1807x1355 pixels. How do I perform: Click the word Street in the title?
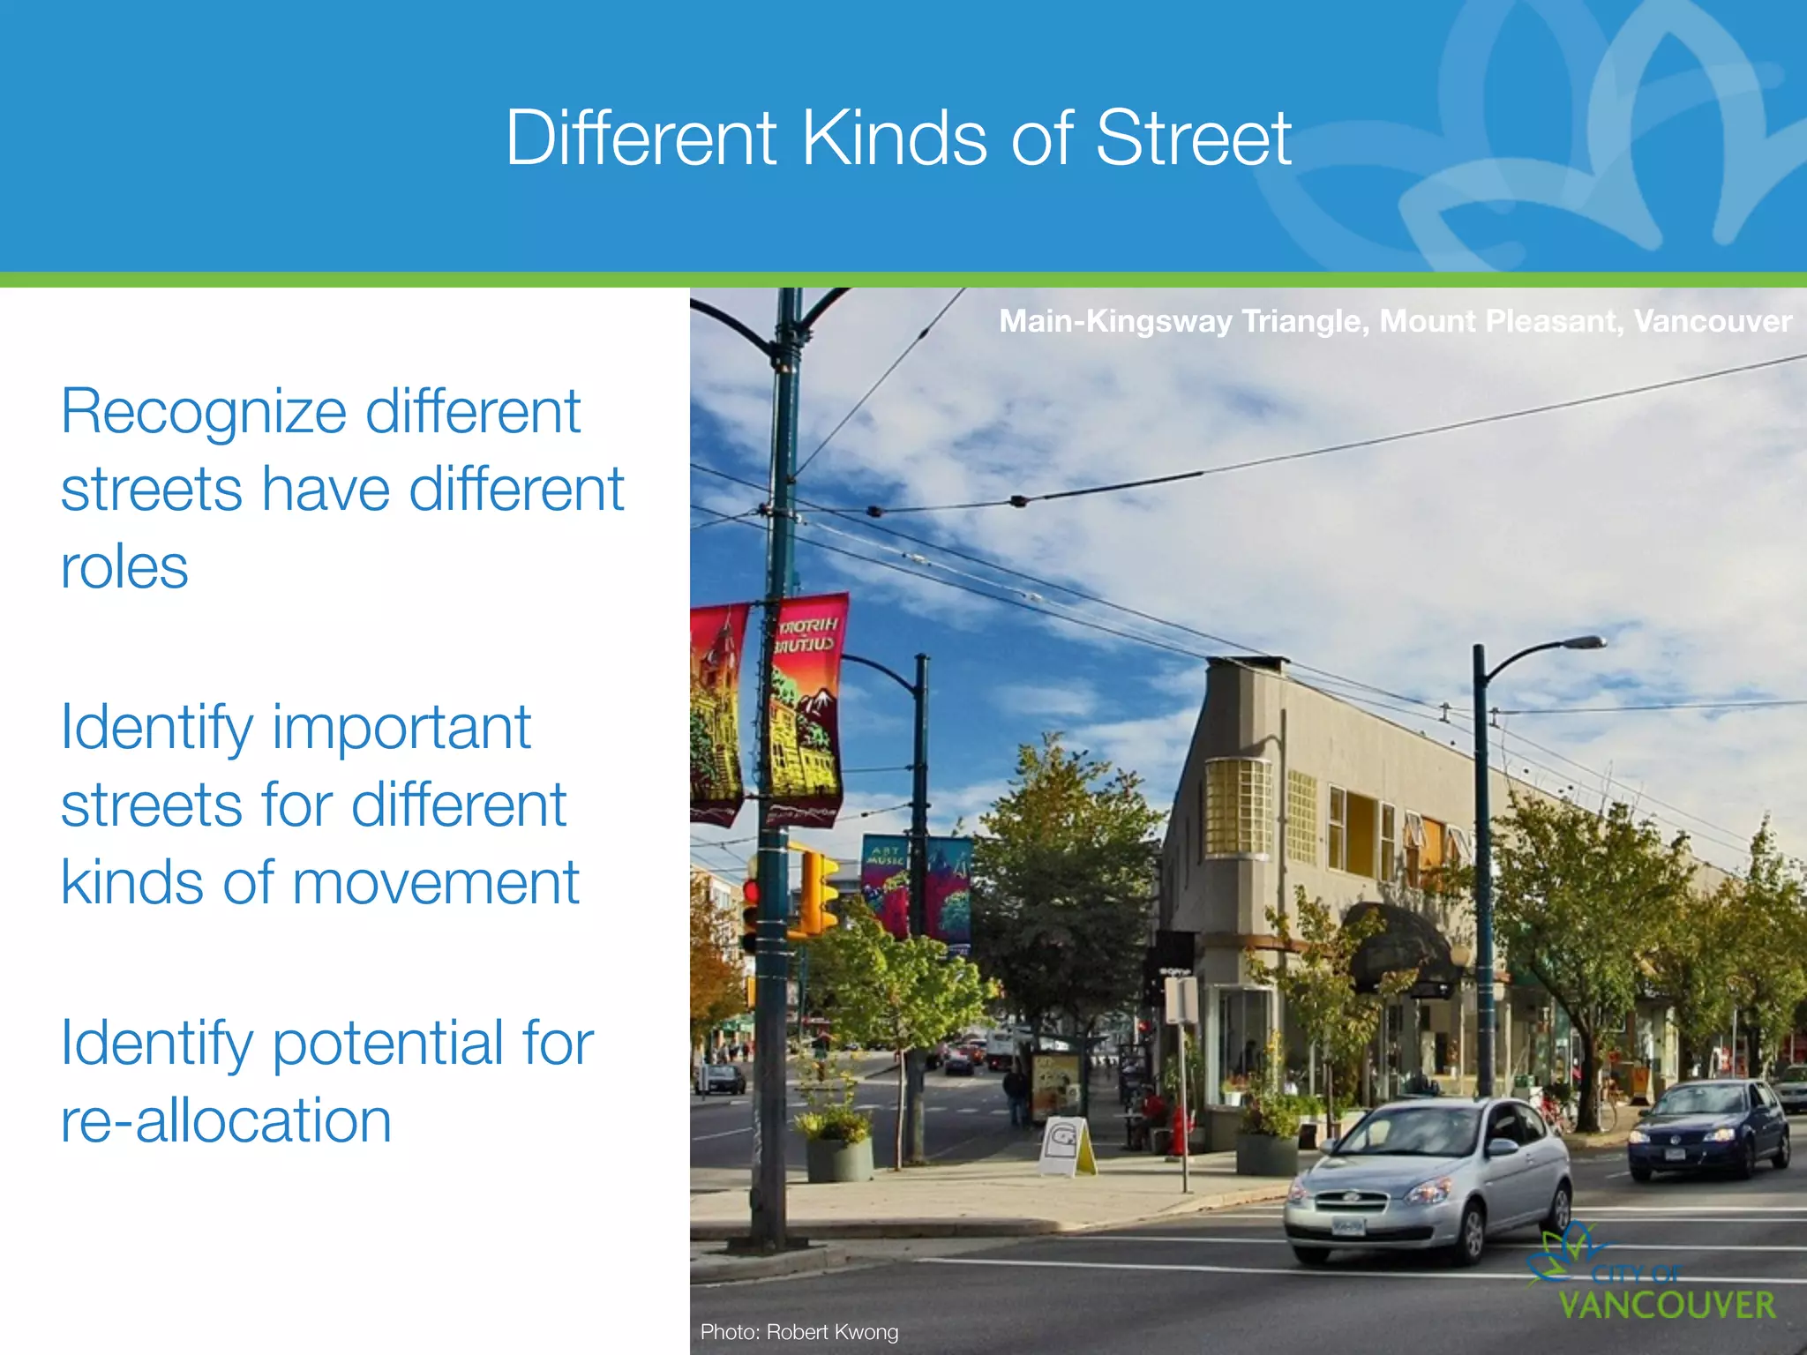point(1193,138)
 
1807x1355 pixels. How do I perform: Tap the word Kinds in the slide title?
point(894,138)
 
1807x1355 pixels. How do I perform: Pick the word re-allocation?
point(226,1120)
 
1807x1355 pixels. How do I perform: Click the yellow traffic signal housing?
point(818,893)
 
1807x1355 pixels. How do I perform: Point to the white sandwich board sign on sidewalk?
point(1065,1147)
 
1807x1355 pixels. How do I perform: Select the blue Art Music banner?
point(884,882)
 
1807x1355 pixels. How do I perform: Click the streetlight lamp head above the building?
point(1584,642)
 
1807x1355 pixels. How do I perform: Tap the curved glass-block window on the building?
point(1236,806)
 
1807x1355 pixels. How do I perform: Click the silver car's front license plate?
point(1348,1226)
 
